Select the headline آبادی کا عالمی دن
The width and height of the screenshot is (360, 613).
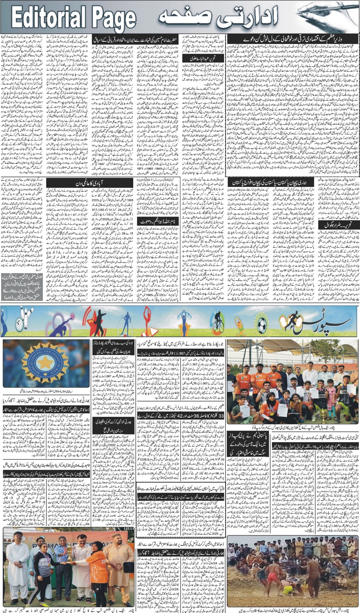point(90,184)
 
